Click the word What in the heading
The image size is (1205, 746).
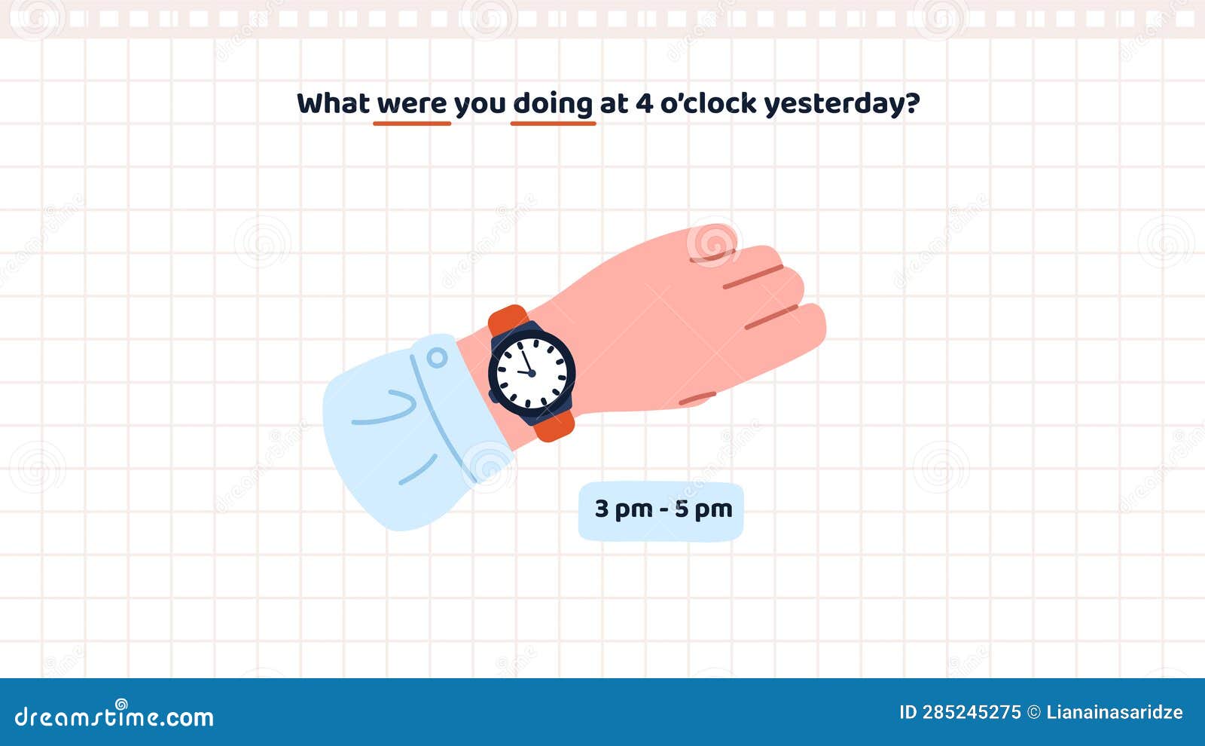[x=333, y=103]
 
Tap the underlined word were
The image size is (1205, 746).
[x=412, y=104]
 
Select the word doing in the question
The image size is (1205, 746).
[x=553, y=104]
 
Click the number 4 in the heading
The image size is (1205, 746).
[x=644, y=103]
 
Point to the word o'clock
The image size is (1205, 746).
[x=708, y=103]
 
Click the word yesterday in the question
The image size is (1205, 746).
[x=834, y=104]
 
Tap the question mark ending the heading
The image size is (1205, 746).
[x=913, y=103]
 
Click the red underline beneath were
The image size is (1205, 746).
[x=412, y=123]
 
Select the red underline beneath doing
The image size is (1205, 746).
[x=554, y=123]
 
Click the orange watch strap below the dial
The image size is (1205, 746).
[x=555, y=427]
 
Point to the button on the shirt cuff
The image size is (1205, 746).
[x=437, y=357]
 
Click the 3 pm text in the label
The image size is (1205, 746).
[x=624, y=509]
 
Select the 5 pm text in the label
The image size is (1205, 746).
[x=703, y=509]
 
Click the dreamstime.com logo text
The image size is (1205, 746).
[x=114, y=716]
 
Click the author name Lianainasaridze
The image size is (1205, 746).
[x=1115, y=712]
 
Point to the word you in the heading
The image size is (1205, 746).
[x=480, y=104]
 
